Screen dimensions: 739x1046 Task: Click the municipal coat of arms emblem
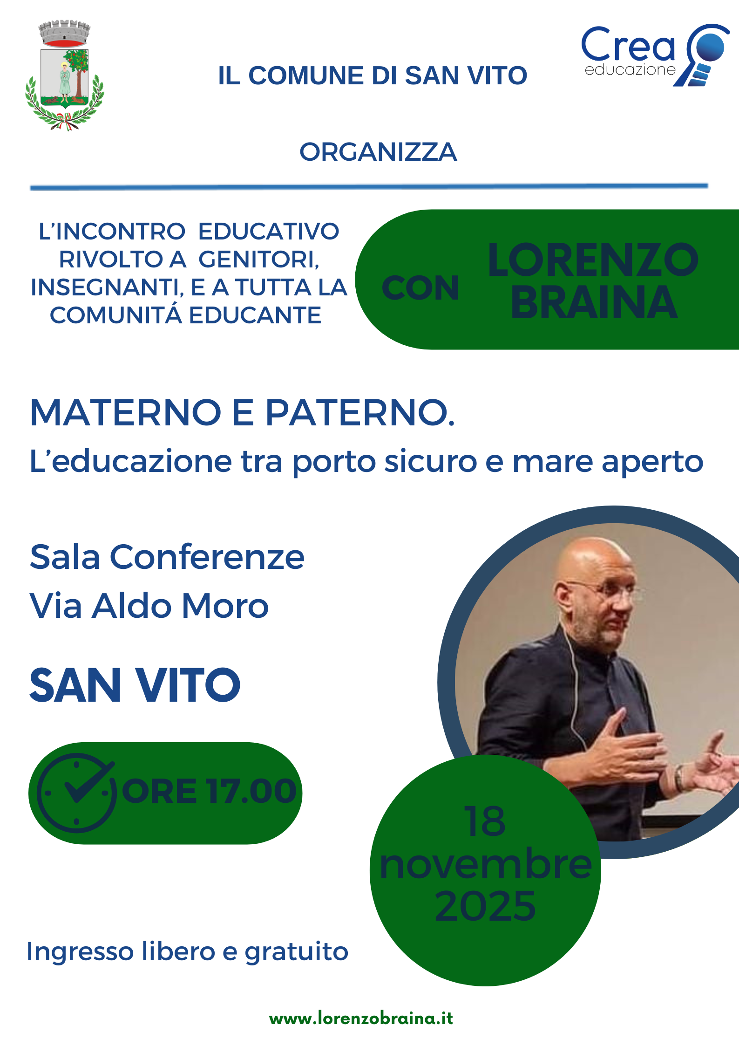(65, 75)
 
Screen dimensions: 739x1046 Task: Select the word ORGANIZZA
(378, 152)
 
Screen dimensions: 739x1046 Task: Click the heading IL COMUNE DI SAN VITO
(373, 75)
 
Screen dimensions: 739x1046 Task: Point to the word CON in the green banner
(420, 288)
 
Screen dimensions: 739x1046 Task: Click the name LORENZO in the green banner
(593, 260)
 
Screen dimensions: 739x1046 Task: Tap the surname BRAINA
(594, 303)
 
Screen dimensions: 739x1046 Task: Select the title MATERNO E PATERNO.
(242, 413)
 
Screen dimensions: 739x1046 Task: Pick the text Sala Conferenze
(167, 557)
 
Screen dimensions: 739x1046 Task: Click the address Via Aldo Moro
(149, 606)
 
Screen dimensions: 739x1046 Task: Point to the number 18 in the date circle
(484, 822)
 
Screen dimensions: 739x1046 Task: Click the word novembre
(486, 864)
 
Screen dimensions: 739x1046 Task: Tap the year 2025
(485, 906)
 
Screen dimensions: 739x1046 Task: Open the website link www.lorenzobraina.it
(361, 1019)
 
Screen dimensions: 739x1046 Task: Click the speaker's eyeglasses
(605, 592)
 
